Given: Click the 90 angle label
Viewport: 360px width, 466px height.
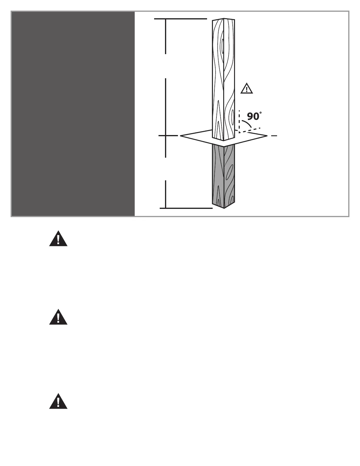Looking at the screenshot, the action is (253, 116).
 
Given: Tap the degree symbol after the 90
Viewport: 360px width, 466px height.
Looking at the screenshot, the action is (261, 113).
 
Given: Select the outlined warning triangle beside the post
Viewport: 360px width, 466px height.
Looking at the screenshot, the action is (246, 89).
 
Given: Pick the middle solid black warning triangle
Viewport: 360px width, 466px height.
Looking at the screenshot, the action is (58, 318).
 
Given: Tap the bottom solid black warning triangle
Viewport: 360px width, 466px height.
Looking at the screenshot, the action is (58, 402).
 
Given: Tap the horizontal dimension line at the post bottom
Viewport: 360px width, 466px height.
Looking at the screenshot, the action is (186, 208).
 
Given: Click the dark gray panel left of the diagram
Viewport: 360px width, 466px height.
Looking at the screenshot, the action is (73, 114).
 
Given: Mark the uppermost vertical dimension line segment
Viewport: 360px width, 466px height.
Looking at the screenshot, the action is (166, 36).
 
